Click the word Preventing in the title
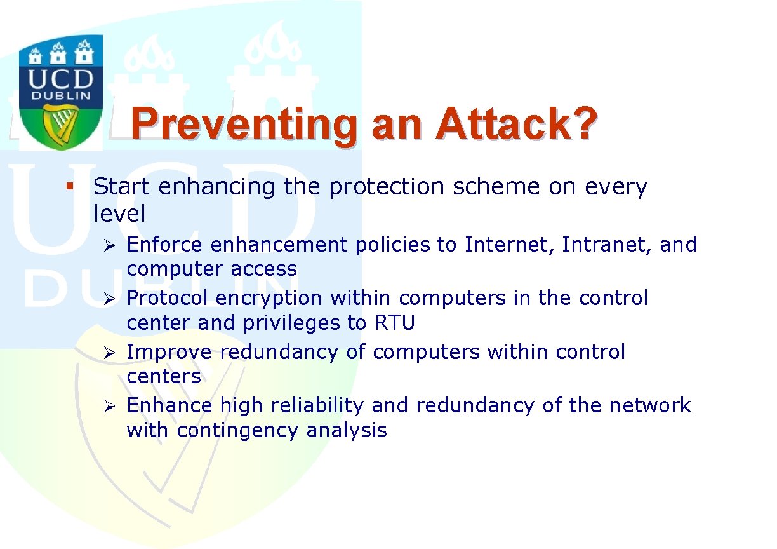pos(244,126)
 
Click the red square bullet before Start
pos(70,186)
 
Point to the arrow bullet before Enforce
pos(109,246)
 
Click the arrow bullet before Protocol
pos(109,299)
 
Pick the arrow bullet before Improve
pos(109,353)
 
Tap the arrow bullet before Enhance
pos(109,406)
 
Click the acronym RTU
pos(395,323)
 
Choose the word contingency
pos(237,431)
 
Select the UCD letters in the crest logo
pos(61,79)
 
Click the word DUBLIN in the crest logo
pos(61,96)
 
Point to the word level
pos(119,213)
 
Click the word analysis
pos(347,431)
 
